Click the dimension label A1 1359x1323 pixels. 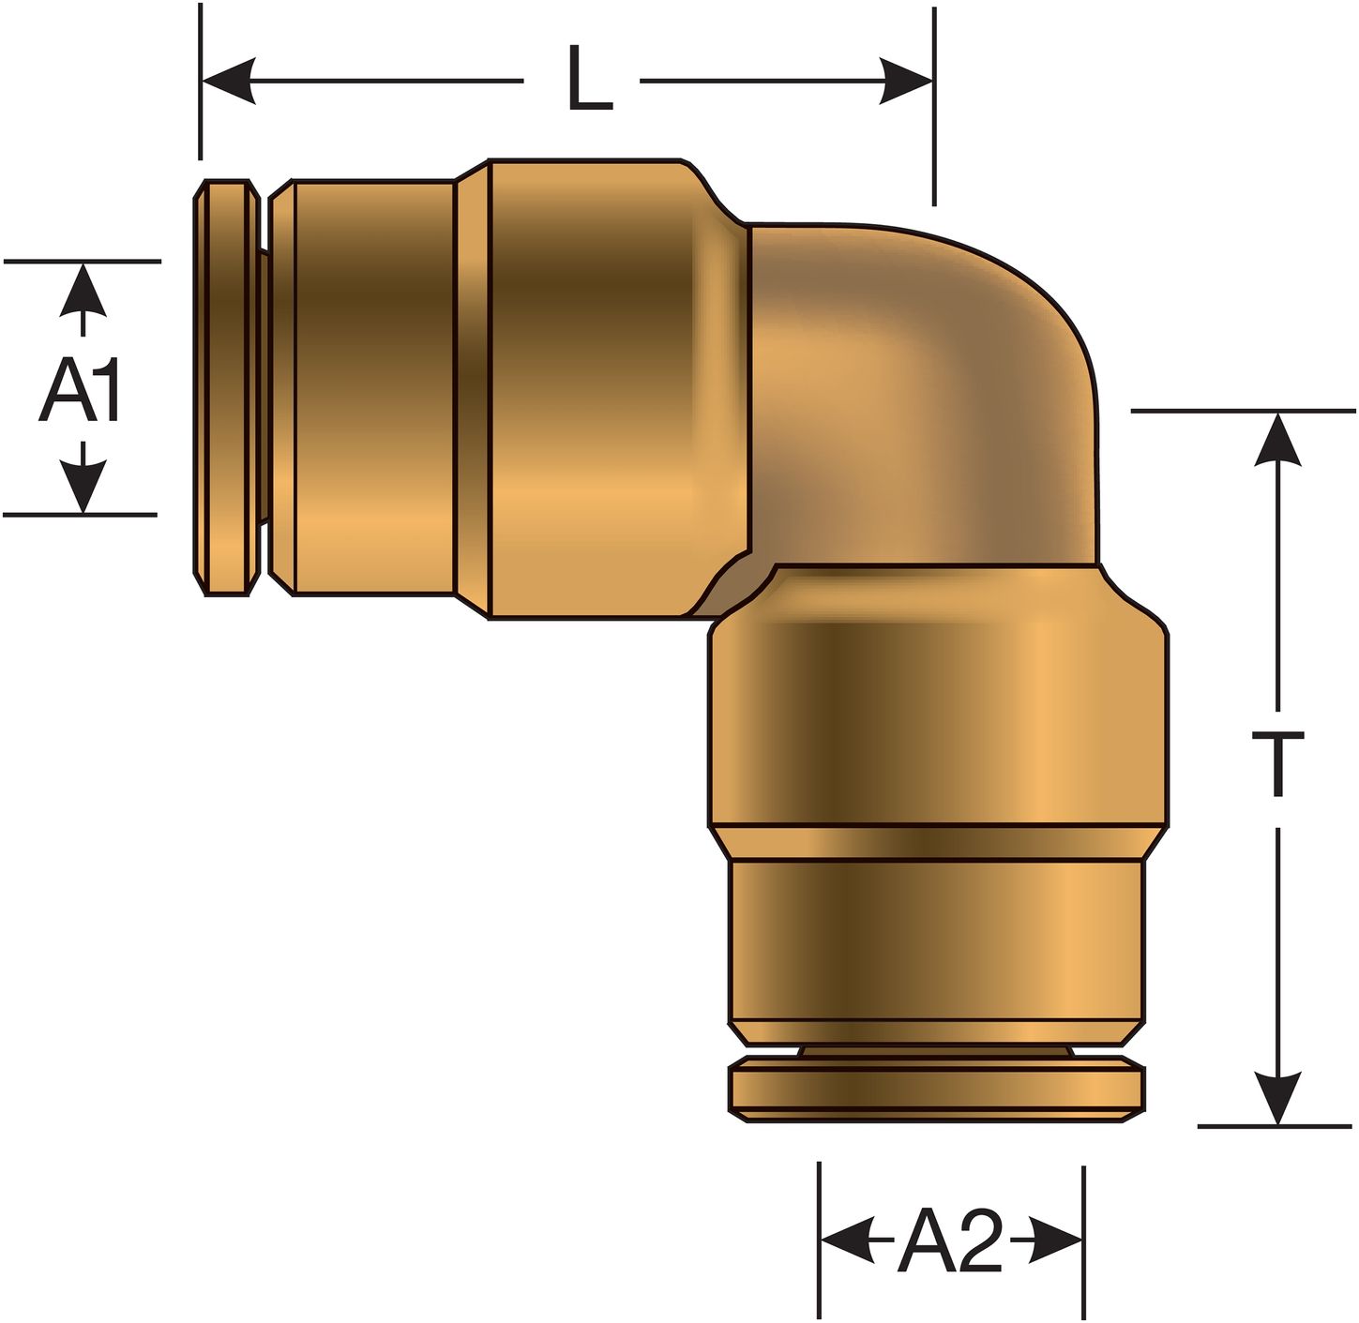pos(80,392)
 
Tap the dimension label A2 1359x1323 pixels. pos(950,1243)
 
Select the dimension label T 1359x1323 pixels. pos(1277,764)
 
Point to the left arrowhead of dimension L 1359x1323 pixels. pos(230,81)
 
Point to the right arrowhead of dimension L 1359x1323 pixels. pos(906,81)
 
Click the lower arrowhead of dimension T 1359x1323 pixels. pos(1277,1097)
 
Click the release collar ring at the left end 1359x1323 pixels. pos(226,386)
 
